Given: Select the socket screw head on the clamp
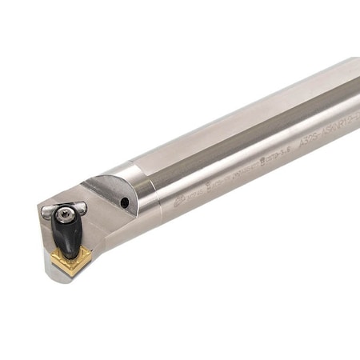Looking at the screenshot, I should (68, 211).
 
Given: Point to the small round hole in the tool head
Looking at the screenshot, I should (124, 203).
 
